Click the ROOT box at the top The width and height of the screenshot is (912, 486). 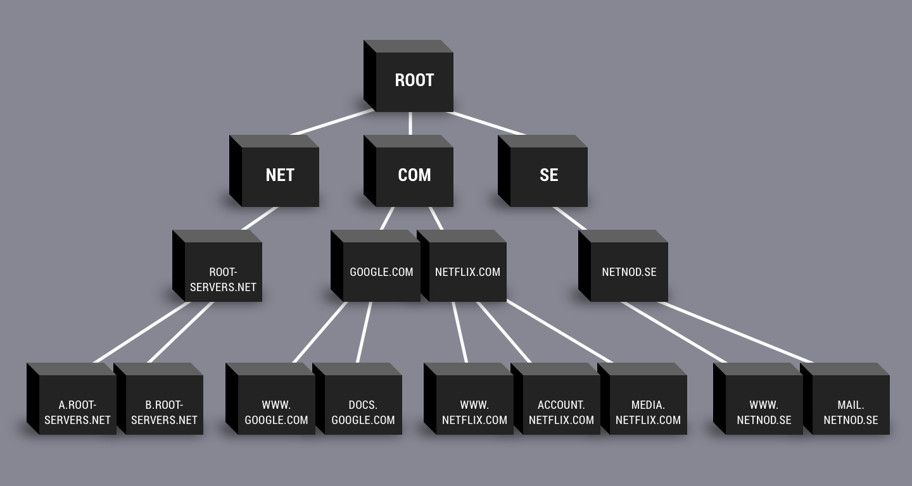click(414, 81)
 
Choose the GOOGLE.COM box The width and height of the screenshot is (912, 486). click(381, 272)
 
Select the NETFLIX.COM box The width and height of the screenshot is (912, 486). click(467, 272)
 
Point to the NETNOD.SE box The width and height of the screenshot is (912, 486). click(629, 272)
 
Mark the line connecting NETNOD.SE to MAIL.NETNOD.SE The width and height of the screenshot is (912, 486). click(735, 332)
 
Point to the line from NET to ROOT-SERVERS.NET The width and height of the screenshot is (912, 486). click(260, 218)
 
